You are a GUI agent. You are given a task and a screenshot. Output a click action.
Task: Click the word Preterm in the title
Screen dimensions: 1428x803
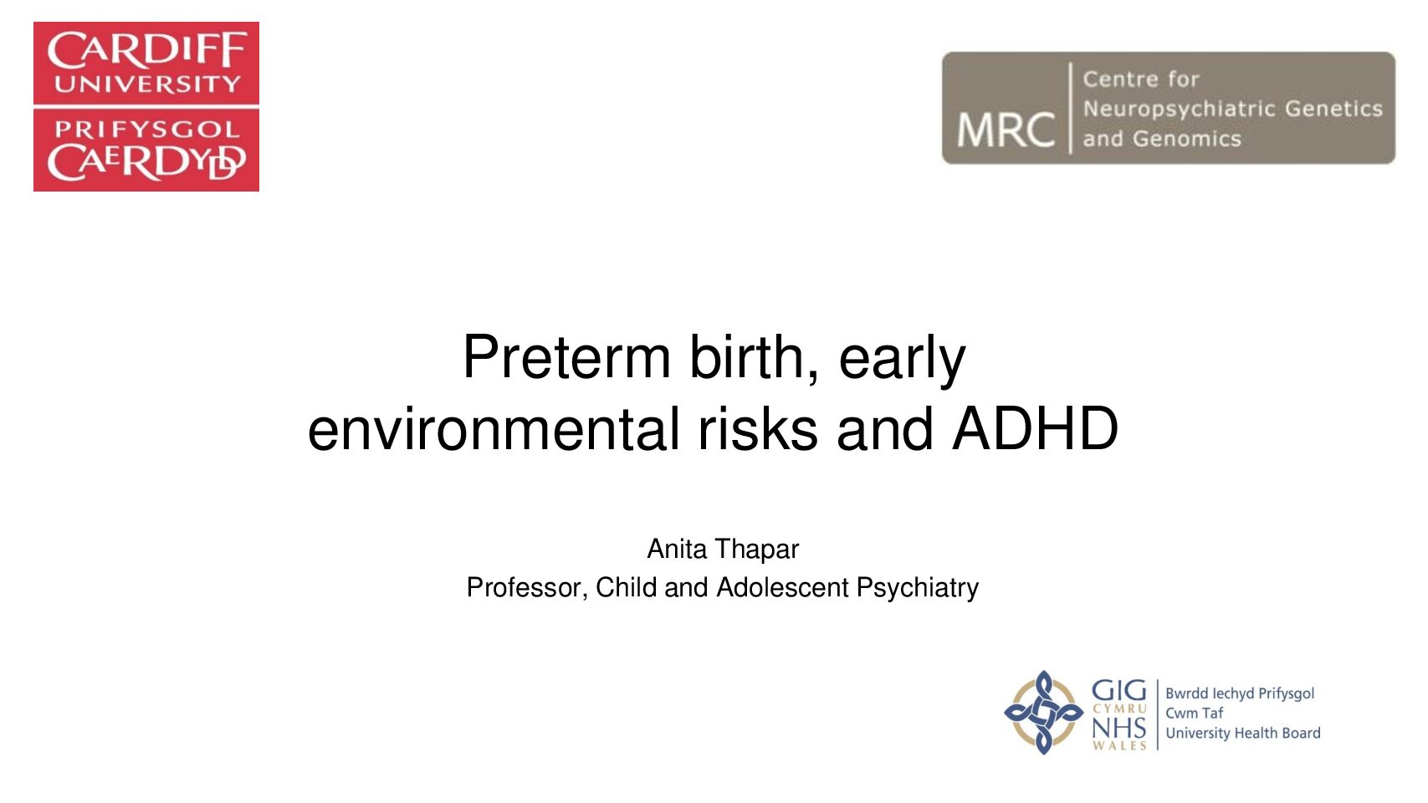click(566, 357)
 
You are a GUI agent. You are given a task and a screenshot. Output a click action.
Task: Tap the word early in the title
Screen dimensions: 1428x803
click(902, 361)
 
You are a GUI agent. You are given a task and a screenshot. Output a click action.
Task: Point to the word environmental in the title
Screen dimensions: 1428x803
click(494, 428)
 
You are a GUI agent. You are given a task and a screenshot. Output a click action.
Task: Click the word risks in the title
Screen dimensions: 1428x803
click(758, 428)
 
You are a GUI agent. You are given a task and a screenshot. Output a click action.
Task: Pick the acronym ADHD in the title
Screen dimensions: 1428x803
click(1035, 428)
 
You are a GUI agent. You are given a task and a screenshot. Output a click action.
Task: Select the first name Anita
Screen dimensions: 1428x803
click(677, 549)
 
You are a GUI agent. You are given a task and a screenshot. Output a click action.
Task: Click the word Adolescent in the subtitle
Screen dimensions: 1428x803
click(782, 587)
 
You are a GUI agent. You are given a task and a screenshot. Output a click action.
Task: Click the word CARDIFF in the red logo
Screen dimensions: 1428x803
click(146, 50)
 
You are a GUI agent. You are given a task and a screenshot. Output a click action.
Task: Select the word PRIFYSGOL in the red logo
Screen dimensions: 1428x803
click(146, 130)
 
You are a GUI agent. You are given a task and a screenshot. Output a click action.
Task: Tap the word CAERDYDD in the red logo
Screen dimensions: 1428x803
click(146, 162)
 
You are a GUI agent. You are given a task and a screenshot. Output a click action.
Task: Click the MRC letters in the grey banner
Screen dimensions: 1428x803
click(1006, 130)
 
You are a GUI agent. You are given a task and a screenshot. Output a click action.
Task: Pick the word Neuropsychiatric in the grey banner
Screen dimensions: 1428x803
click(1178, 109)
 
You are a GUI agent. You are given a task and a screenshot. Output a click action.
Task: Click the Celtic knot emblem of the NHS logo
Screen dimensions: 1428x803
click(1043, 713)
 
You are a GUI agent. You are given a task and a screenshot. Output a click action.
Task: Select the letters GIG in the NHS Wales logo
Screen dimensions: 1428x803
click(1118, 690)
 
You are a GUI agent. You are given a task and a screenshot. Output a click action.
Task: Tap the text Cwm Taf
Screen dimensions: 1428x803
click(1194, 713)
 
